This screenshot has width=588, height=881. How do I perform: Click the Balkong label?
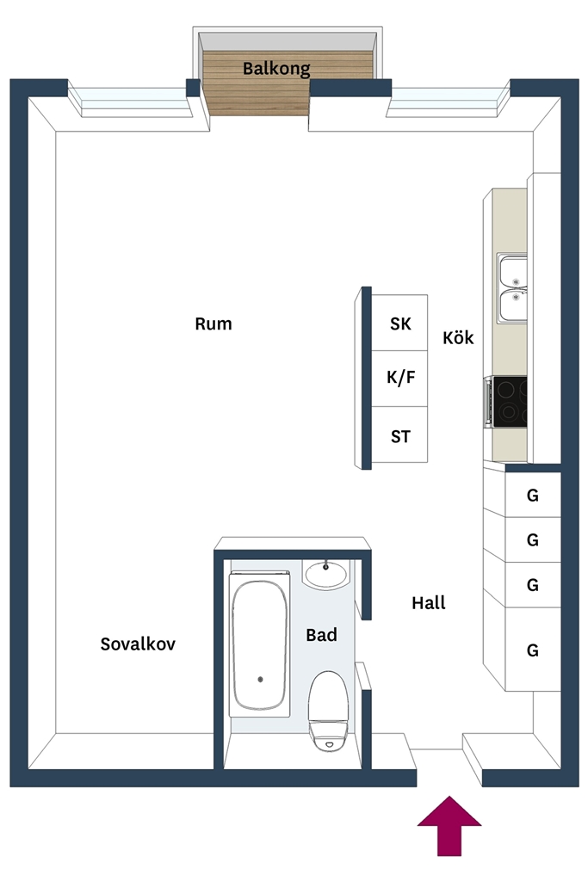point(276,69)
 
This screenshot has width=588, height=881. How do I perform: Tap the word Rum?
point(213,323)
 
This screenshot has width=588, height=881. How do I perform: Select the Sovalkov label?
point(138,644)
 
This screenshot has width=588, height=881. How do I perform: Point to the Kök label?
point(458,337)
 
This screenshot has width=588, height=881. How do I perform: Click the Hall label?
point(429,603)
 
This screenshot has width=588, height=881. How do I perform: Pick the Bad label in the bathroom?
point(321,635)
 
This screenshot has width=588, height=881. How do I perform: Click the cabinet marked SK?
point(399,323)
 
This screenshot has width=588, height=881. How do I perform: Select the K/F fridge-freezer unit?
point(399,379)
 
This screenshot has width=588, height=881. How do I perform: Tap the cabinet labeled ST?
point(399,434)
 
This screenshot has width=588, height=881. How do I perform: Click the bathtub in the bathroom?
point(260,644)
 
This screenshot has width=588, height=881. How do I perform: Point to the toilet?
point(328,711)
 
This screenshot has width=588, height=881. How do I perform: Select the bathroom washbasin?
point(325,575)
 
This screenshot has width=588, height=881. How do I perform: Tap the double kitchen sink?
point(512,288)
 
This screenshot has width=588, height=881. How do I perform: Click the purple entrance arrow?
point(449,826)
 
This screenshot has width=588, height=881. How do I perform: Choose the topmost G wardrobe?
point(532,495)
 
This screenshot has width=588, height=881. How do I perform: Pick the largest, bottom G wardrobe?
point(532,650)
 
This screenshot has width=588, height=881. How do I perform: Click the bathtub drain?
point(260,680)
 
